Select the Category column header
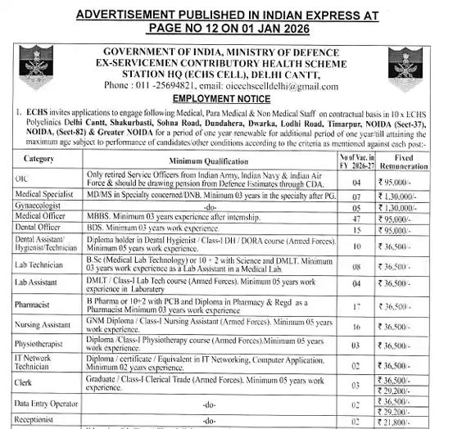pos(40,158)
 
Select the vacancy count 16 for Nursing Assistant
pos(356,326)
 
